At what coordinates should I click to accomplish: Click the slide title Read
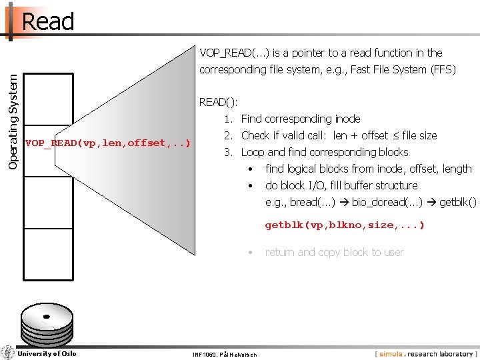[x=47, y=21]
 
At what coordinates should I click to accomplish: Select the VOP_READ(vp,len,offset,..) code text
[x=107, y=143]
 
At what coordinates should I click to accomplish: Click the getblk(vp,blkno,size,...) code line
[x=345, y=225]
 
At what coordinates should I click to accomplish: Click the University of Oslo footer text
[x=47, y=353]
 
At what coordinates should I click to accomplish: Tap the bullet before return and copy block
[x=251, y=252]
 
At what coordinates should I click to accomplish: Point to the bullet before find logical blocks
[x=251, y=169]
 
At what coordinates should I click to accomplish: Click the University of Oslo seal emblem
[x=8, y=353]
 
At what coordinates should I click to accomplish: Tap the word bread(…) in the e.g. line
[x=312, y=202]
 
